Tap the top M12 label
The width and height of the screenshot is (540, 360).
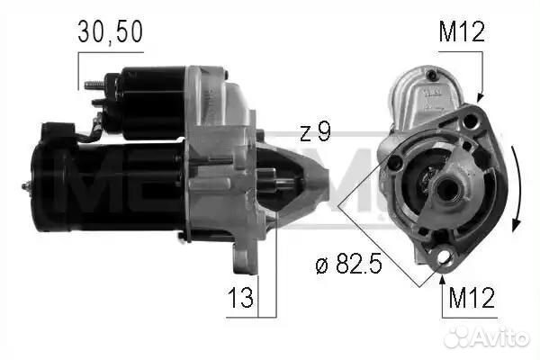click(x=462, y=33)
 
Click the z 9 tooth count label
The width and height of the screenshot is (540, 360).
click(x=314, y=132)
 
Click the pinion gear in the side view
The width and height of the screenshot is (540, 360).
click(x=283, y=185)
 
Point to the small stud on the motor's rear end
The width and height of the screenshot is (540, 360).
click(x=26, y=187)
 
